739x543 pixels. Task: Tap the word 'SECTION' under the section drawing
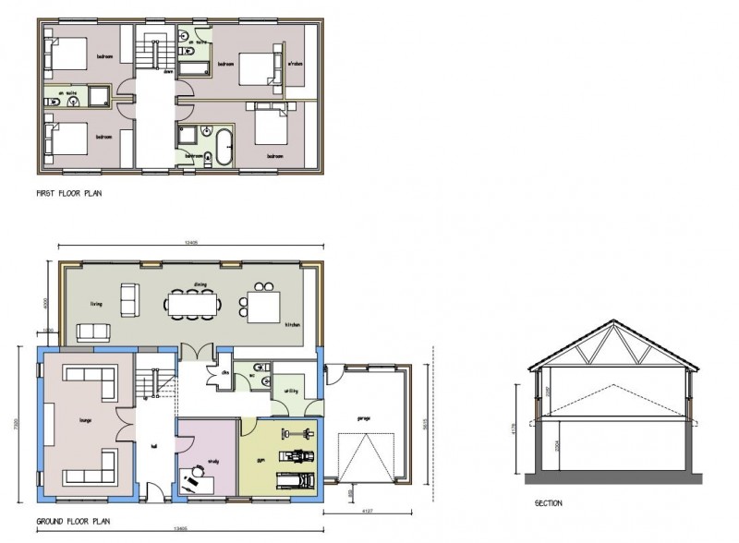click(x=548, y=503)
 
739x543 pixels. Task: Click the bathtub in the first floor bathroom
click(x=223, y=145)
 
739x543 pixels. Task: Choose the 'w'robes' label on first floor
click(x=296, y=64)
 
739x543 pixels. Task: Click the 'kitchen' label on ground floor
click(x=292, y=325)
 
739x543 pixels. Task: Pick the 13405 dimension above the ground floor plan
click(x=191, y=242)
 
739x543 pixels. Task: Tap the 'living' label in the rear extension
click(x=94, y=302)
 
